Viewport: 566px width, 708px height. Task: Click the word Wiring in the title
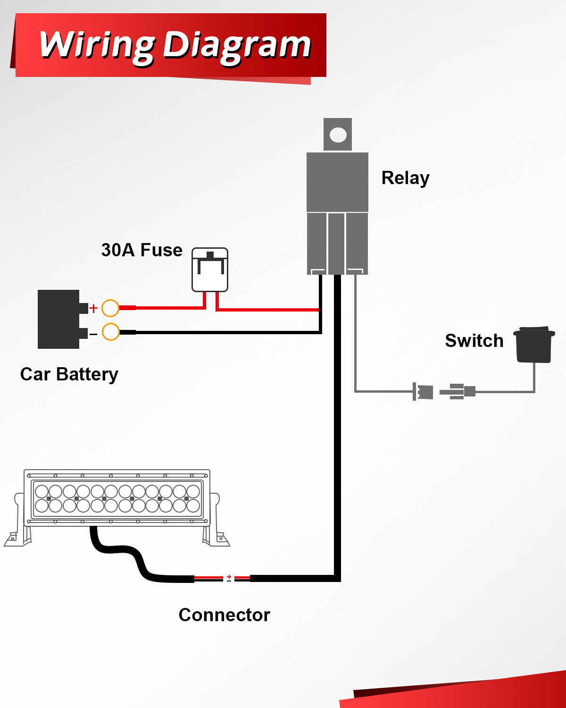97,45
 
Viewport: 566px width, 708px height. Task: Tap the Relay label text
405,178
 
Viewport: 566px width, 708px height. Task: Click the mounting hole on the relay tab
338,135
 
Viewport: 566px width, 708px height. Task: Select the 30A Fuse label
141,250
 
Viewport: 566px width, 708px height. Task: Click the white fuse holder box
210,270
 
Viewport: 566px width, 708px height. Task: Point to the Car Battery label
69,374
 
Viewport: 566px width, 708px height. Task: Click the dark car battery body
58,319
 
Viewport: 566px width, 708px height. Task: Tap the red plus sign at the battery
93,308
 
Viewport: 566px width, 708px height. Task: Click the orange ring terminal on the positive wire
110,308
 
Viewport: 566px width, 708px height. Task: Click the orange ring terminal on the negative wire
110,332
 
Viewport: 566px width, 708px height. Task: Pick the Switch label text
474,341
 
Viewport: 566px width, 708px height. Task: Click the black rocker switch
534,345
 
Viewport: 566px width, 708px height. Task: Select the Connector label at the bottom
224,615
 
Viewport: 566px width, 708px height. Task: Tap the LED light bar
117,498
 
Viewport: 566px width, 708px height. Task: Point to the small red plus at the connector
229,576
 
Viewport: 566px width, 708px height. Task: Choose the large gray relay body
337,182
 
